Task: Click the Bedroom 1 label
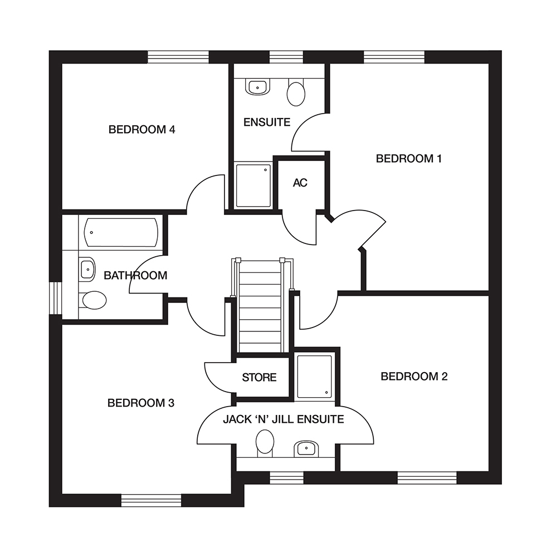tap(408, 159)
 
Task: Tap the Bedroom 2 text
tap(413, 377)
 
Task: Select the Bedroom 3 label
tap(141, 403)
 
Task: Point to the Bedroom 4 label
tap(142, 130)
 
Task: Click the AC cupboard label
tap(300, 183)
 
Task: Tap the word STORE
tap(259, 378)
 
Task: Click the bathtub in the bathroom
tap(121, 232)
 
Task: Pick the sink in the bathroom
tap(87, 269)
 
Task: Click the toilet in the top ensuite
tap(296, 92)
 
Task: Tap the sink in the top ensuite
tap(257, 86)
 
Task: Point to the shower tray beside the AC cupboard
tap(253, 185)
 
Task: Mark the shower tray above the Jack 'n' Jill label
tap(314, 377)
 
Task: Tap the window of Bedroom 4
tap(178, 57)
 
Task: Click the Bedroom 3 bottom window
tap(152, 500)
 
